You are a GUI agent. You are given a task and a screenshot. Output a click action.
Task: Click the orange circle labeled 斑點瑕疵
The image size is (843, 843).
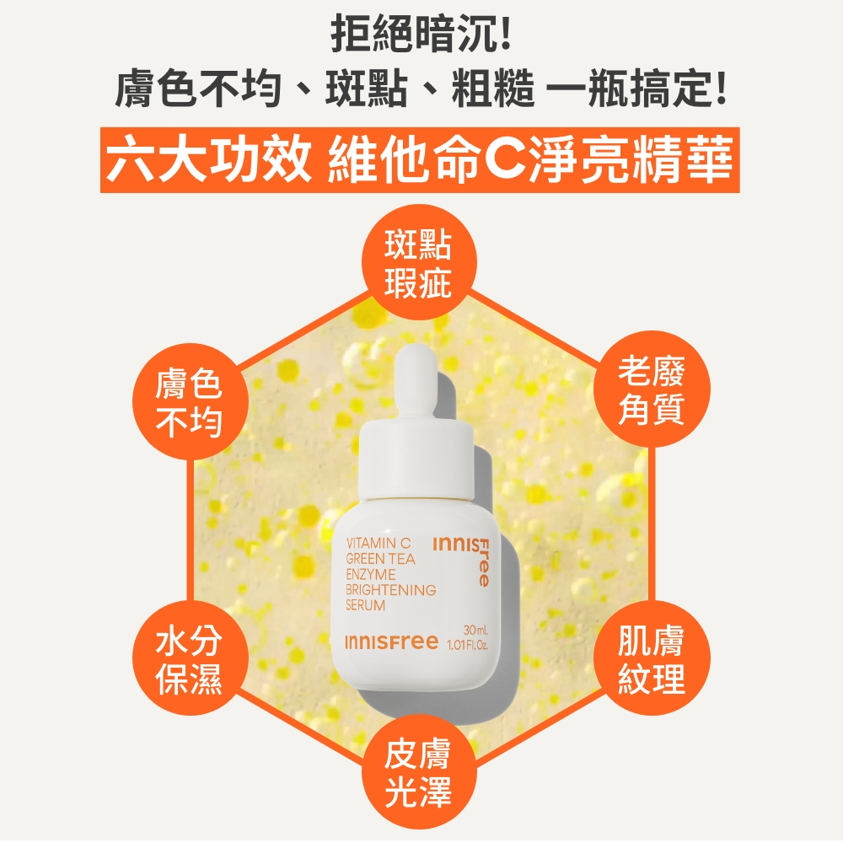click(x=419, y=263)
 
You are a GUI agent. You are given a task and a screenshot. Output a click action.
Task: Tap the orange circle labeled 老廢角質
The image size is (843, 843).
click(x=652, y=389)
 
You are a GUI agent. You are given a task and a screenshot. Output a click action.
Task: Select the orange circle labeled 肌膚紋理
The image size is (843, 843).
click(x=652, y=658)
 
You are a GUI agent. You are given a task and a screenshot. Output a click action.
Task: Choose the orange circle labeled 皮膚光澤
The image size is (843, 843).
click(x=419, y=772)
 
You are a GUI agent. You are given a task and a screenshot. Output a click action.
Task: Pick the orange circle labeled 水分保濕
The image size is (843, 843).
click(x=191, y=658)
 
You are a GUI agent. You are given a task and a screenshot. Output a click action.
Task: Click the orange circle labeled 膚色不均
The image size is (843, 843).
click(x=191, y=401)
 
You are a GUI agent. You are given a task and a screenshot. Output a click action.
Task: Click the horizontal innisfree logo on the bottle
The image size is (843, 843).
click(x=391, y=642)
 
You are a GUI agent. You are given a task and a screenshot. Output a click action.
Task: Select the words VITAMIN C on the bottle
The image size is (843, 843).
click(x=379, y=544)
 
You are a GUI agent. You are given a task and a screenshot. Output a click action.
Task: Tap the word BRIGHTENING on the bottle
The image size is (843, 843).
click(x=391, y=590)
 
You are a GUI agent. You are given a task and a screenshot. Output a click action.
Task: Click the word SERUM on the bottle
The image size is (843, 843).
click(x=366, y=605)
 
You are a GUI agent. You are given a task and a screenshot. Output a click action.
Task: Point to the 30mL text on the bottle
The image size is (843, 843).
click(x=475, y=630)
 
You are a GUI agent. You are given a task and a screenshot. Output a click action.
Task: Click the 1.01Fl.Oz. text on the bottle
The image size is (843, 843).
click(x=467, y=644)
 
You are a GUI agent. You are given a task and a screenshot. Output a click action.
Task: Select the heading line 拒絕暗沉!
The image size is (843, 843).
click(x=421, y=34)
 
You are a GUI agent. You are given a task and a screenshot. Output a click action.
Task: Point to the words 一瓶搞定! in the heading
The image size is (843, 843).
click(x=637, y=88)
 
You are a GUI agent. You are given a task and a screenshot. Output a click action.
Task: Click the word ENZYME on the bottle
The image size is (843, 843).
click(x=371, y=574)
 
